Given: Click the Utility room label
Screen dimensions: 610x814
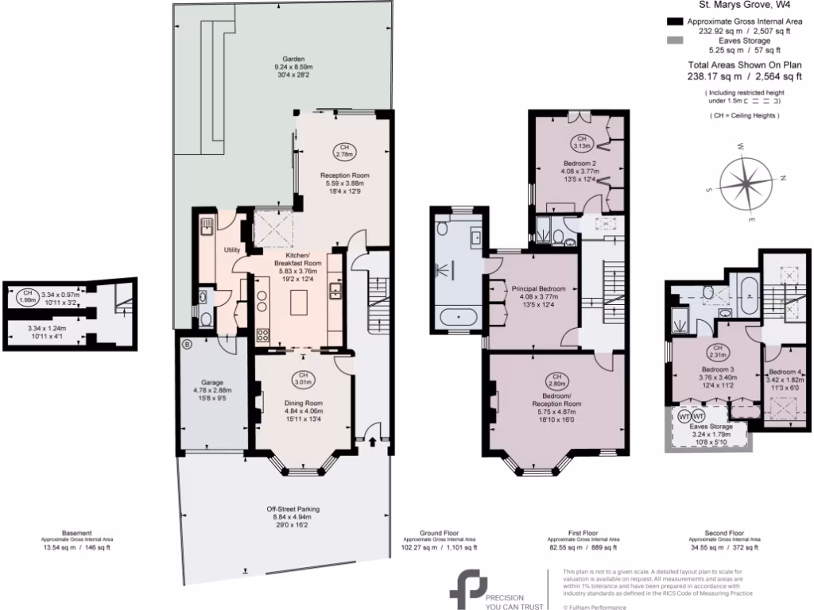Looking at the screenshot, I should click(232, 249).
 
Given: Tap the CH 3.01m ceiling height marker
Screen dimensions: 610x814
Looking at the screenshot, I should click(302, 379).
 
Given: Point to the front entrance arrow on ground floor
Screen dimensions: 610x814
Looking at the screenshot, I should click(373, 438).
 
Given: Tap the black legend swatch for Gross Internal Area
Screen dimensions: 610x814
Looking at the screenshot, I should click(674, 21).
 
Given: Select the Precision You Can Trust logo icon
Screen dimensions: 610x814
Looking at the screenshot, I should click(467, 589).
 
